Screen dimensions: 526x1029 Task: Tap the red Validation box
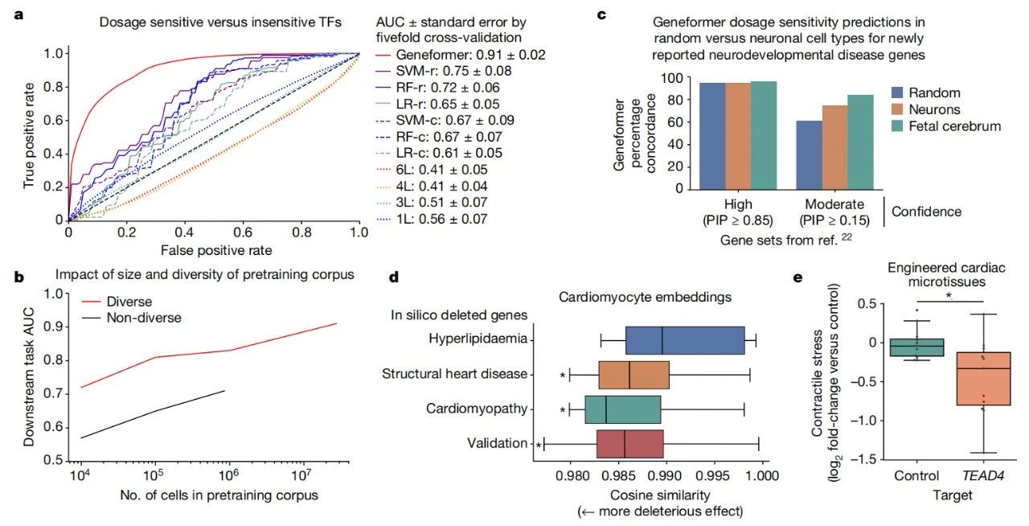coord(629,443)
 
